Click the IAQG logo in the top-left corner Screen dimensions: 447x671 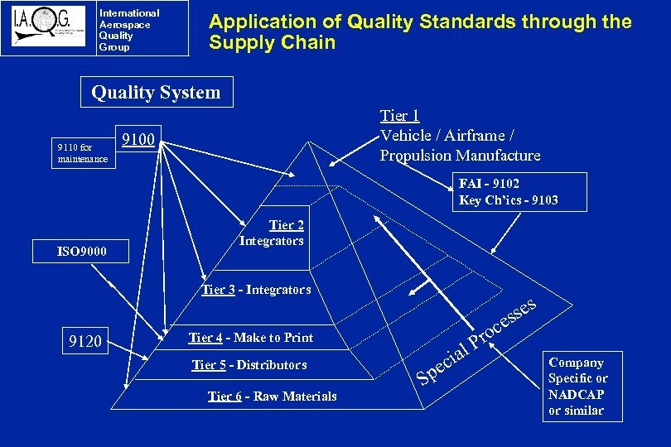48,30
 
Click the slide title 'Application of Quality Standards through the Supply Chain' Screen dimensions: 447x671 420,32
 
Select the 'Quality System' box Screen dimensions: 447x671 157,93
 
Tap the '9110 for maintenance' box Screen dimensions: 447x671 82,153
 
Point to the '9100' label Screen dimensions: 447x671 138,139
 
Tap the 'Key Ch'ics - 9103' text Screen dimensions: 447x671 508,200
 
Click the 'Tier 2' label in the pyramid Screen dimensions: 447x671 287,225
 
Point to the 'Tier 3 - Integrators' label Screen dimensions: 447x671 257,290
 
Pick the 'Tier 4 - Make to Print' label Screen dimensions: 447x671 251,338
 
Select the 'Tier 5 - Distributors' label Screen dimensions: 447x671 249,365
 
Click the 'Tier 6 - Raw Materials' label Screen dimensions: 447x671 273,397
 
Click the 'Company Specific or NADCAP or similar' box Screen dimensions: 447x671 577,387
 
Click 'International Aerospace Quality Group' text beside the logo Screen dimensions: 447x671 128,30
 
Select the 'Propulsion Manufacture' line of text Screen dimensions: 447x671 460,156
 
